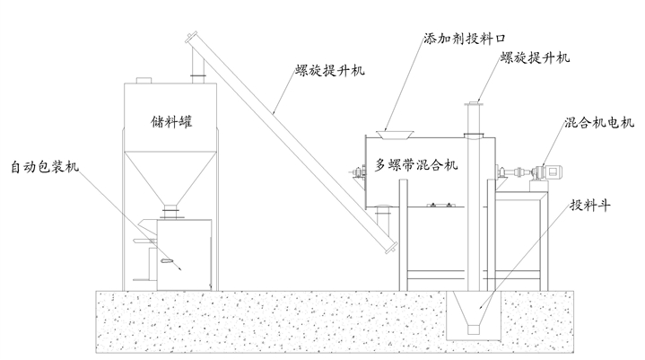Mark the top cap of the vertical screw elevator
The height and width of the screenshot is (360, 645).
click(474, 106)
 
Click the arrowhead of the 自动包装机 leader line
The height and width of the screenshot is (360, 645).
click(181, 268)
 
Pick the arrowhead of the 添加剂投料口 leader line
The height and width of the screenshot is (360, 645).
click(385, 134)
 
